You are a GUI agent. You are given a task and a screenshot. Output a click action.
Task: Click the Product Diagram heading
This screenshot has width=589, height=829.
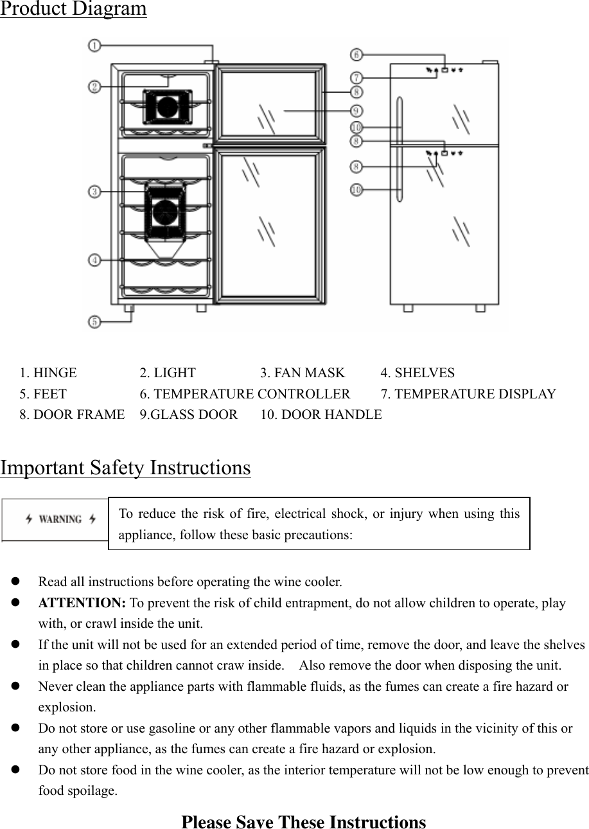73,9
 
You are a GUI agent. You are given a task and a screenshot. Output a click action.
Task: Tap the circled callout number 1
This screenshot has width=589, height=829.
94,45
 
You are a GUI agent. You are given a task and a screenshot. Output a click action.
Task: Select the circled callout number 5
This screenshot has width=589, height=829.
94,321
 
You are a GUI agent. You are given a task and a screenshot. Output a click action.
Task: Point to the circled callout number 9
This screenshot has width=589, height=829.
356,110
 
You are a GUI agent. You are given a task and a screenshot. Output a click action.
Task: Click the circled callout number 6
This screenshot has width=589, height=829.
356,55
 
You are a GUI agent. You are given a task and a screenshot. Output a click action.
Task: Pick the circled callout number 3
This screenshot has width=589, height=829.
94,191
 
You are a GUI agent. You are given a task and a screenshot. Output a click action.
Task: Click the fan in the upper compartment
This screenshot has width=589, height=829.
166,107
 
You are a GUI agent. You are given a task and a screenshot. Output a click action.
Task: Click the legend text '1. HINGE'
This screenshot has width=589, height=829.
48,373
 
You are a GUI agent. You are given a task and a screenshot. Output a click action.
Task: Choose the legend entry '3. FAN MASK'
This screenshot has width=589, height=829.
303,373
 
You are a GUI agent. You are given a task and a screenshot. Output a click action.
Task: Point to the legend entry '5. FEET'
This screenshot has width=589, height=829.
42,394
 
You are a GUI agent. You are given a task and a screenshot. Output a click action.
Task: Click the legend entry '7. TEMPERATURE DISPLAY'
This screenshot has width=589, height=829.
468,394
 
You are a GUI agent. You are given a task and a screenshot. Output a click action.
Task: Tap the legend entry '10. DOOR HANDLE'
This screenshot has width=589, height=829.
321,415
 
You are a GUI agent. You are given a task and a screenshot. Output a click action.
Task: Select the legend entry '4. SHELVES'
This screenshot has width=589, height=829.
418,373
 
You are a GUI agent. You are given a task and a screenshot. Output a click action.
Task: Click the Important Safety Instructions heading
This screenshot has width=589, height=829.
125,468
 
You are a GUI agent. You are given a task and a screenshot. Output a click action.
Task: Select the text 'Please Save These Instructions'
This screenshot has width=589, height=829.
303,822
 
